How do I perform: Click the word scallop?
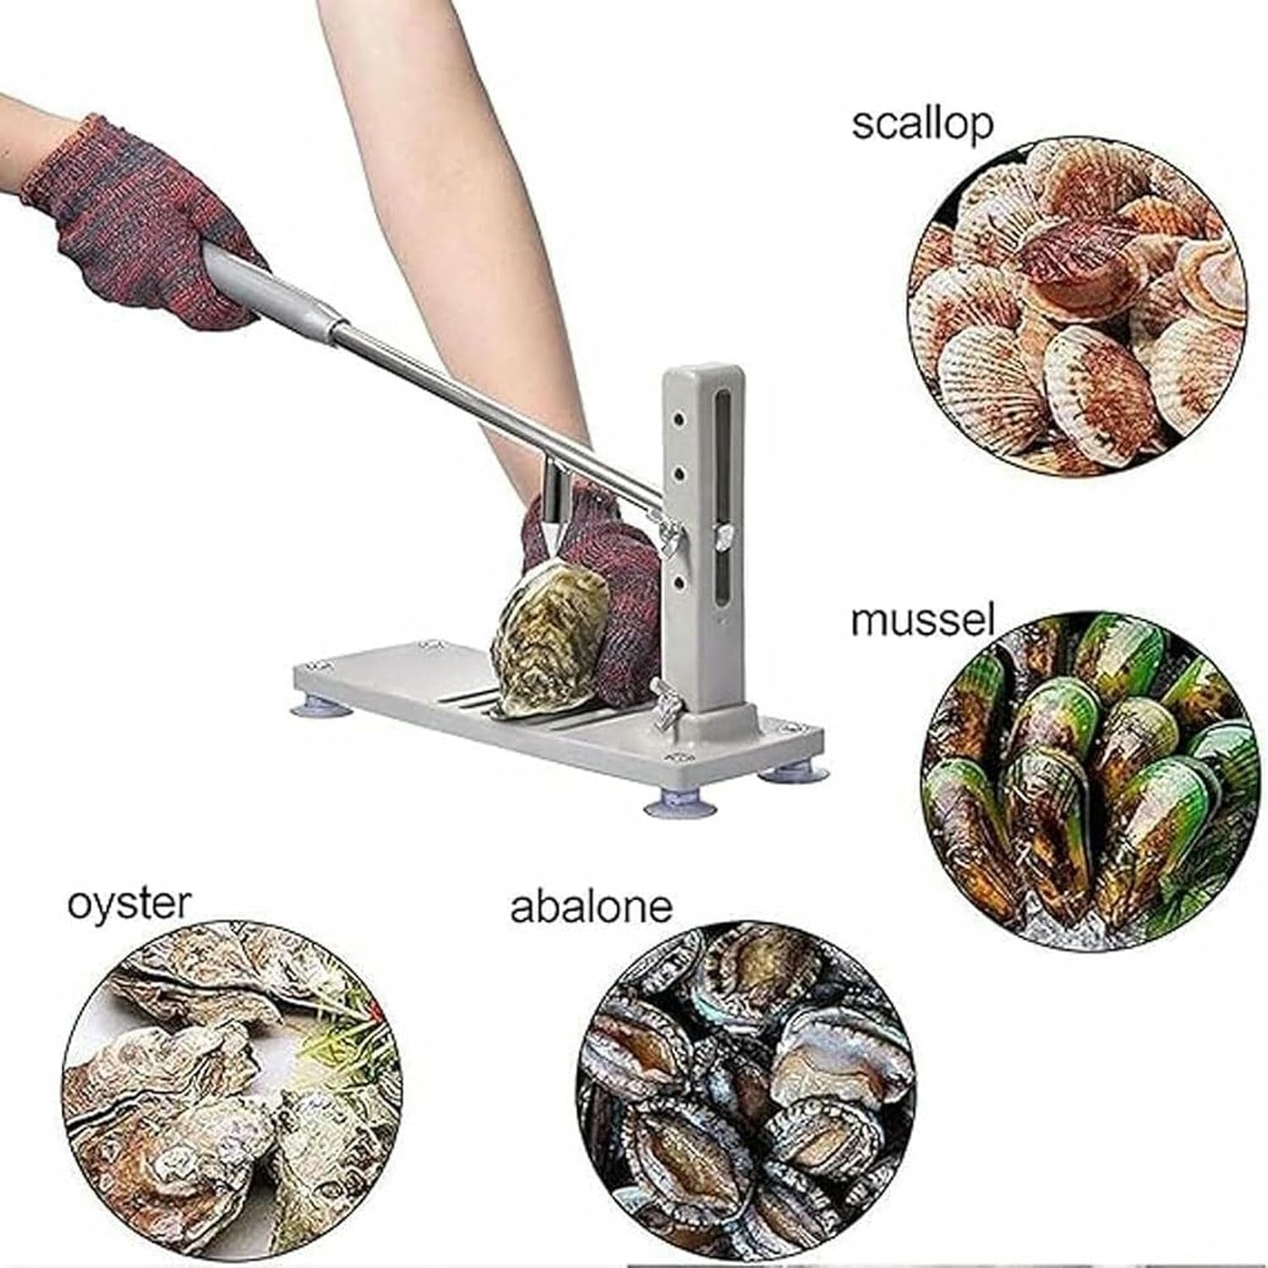pos(921,124)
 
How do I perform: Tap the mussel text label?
pos(921,620)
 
